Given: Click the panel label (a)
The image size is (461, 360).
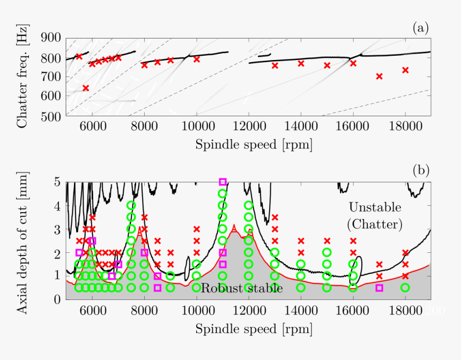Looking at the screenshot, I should [x=421, y=28].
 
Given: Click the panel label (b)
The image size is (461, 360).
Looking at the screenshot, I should [x=421, y=170].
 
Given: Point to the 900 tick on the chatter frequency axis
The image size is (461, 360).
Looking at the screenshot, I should [x=51, y=38].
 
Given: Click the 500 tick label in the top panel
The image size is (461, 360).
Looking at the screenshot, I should [x=51, y=116].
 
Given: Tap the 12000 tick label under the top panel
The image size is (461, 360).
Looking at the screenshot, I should [x=249, y=129].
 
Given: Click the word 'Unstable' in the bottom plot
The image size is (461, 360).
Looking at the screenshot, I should [x=375, y=207].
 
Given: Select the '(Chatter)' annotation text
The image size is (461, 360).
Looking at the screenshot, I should [x=375, y=224].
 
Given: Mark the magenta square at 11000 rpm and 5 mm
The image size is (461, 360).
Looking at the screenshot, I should [x=223, y=182].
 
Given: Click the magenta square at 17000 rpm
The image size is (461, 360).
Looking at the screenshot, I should [x=380, y=288].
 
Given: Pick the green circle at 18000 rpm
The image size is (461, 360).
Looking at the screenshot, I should [x=405, y=288].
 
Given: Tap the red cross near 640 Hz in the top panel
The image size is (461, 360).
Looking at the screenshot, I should [x=86, y=88].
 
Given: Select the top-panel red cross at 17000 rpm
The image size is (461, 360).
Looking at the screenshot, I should [x=380, y=76].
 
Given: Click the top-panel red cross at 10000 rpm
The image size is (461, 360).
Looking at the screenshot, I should [x=197, y=59].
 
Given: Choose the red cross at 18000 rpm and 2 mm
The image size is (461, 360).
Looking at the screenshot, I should [x=405, y=252].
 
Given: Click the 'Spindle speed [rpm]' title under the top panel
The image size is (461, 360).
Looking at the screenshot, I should [x=253, y=145].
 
